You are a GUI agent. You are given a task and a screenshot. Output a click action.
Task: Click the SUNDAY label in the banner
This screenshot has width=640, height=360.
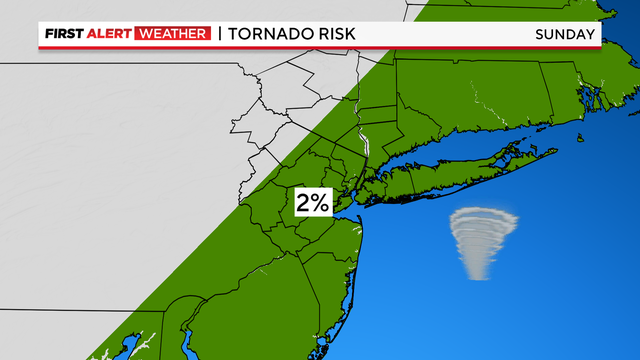pos(566,35)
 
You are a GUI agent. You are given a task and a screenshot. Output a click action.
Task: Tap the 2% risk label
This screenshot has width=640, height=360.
pos(312,203)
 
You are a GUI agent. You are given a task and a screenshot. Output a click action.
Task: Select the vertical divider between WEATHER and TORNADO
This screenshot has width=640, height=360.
pos(219,35)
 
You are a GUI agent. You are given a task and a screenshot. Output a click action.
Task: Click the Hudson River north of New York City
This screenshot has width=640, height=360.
pos(366,140)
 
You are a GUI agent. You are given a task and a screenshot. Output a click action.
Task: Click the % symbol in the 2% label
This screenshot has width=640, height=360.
pos(319,203)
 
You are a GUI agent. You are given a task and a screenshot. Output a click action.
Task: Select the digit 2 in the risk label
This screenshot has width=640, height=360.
pos(303,203)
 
